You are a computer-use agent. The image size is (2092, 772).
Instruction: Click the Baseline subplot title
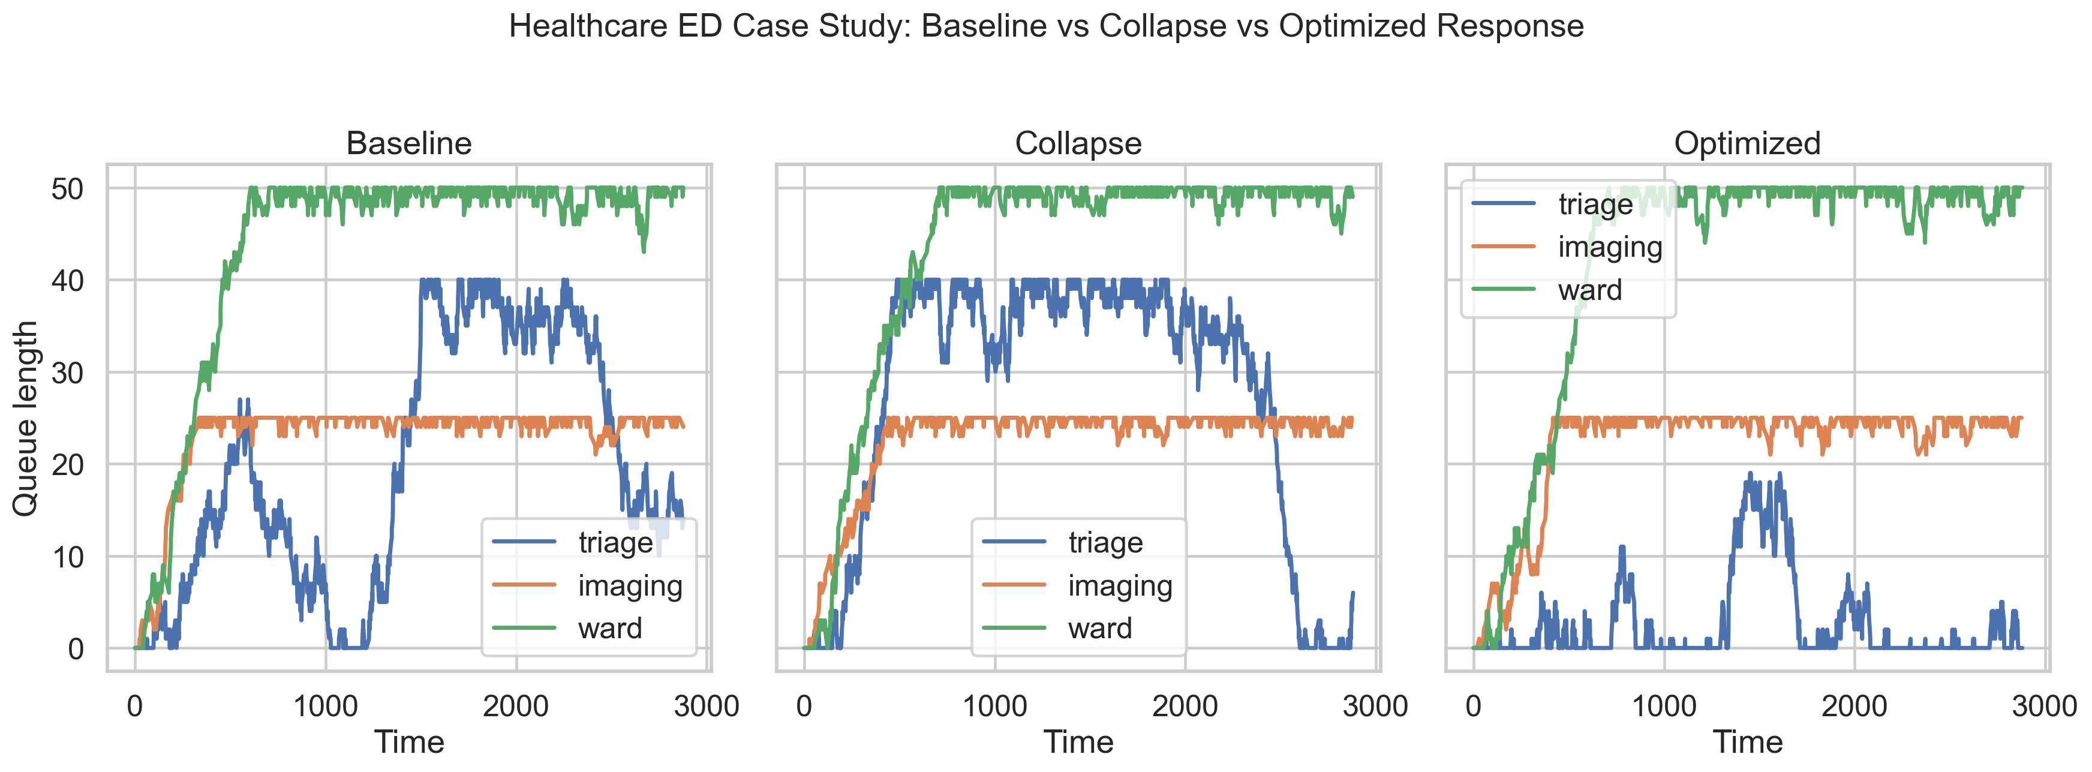tap(408, 144)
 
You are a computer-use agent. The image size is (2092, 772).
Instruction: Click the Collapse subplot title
tap(1078, 144)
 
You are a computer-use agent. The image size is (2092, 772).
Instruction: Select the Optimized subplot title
tap(1747, 144)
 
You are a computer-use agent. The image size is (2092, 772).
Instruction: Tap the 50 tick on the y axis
tap(67, 190)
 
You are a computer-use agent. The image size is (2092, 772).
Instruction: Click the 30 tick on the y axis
tap(67, 373)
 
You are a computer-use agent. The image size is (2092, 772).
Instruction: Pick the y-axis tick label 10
tap(67, 557)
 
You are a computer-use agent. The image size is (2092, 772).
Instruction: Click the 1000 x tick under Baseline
tap(325, 705)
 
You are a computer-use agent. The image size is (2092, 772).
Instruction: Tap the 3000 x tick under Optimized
tap(2044, 705)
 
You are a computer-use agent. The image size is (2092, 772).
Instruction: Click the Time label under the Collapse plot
tap(1078, 743)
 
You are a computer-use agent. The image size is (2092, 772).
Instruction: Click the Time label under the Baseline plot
tap(408, 743)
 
